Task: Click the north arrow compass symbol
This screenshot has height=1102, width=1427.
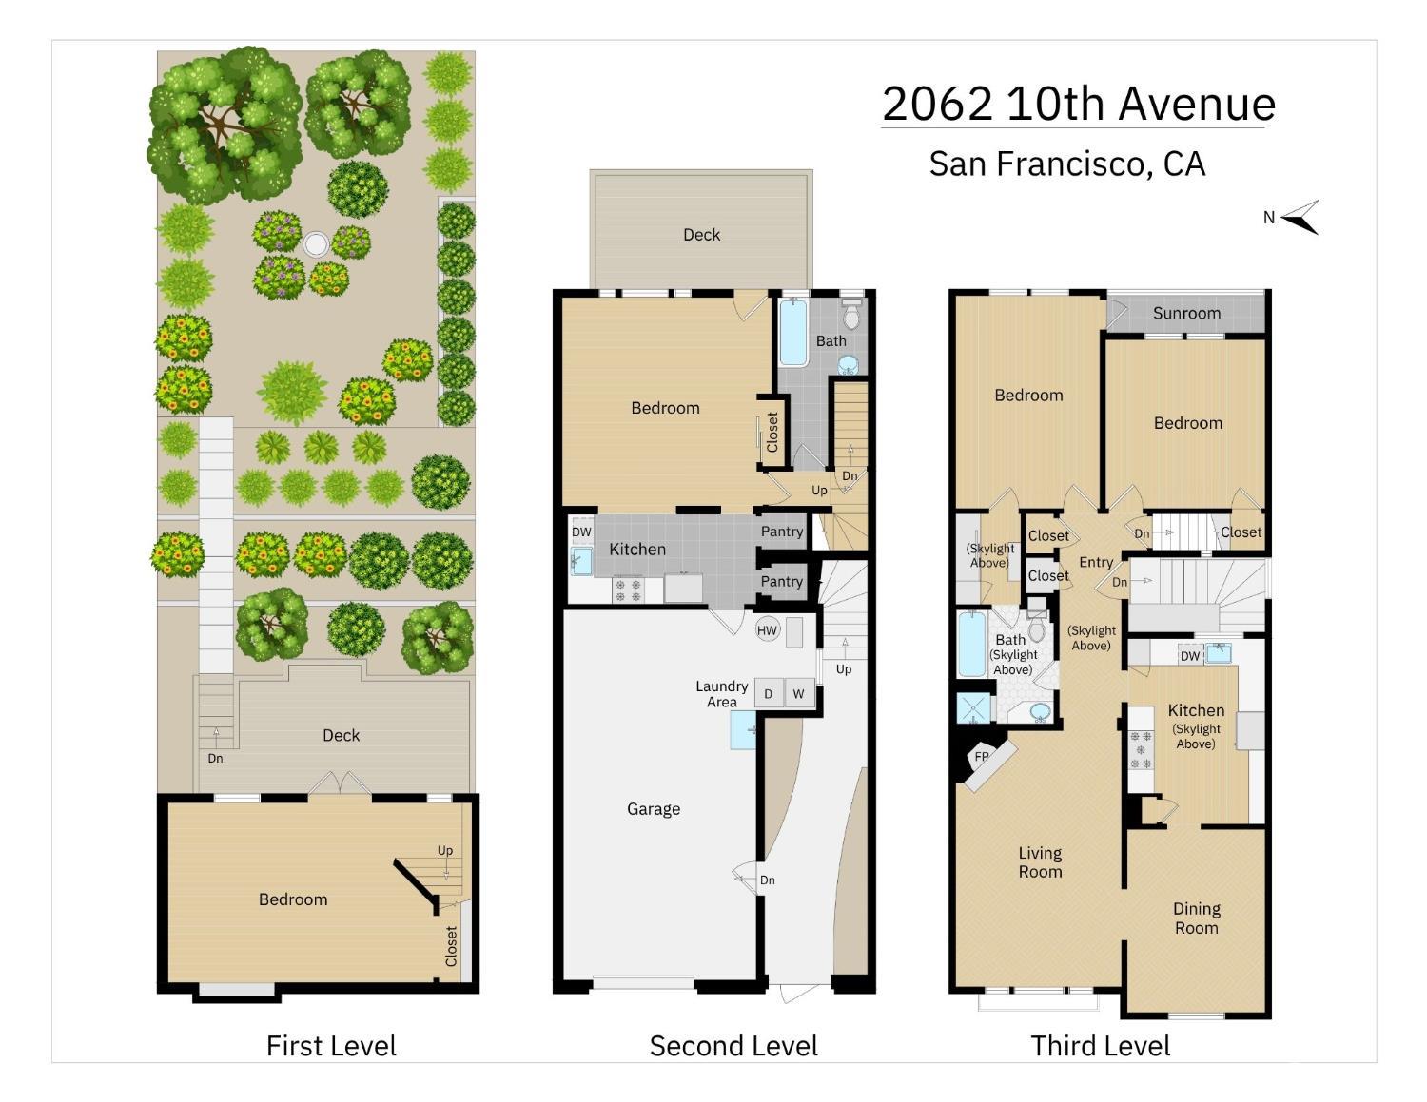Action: click(x=1300, y=217)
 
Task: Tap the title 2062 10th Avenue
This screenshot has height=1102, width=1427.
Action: click(x=1078, y=103)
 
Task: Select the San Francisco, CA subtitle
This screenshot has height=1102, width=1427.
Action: click(x=1066, y=164)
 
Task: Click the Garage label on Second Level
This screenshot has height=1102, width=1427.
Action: click(x=654, y=809)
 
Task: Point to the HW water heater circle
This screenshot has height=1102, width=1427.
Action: click(x=767, y=629)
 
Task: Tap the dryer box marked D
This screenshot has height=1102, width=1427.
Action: click(x=768, y=693)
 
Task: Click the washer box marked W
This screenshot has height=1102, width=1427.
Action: click(x=798, y=693)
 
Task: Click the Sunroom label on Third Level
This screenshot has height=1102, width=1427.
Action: click(x=1186, y=313)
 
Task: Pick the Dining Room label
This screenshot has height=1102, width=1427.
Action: click(x=1196, y=918)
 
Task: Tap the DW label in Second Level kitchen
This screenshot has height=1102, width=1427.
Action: click(x=581, y=532)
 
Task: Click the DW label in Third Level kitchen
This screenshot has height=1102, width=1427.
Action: click(x=1189, y=655)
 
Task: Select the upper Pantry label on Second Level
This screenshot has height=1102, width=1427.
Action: click(x=782, y=532)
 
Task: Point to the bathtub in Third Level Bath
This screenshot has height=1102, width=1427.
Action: click(x=972, y=645)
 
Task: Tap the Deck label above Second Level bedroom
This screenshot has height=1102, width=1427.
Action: click(x=701, y=235)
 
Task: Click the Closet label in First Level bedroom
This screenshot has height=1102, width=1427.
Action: click(x=452, y=945)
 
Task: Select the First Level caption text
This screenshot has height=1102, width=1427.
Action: click(x=331, y=1046)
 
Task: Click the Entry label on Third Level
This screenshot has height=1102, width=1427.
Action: click(x=1096, y=562)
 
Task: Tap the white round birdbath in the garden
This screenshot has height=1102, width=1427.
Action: click(x=315, y=245)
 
